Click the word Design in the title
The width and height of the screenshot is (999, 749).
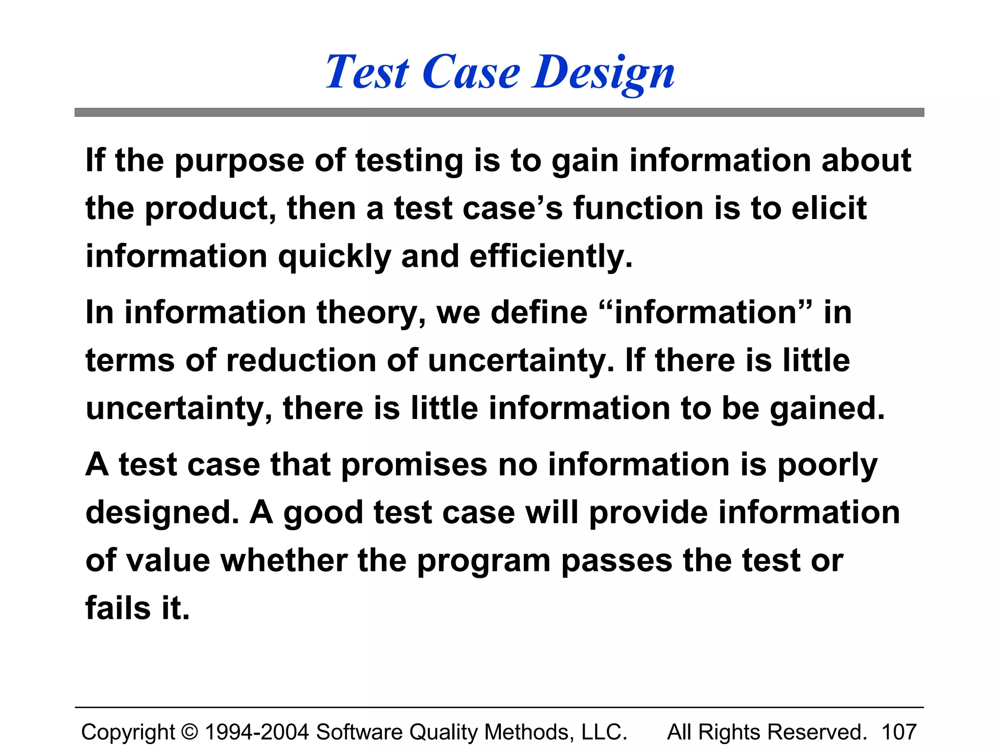click(603, 73)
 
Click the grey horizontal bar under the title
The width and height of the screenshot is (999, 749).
click(499, 113)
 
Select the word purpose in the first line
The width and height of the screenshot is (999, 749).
click(239, 161)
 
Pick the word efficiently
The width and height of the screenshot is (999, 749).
click(551, 257)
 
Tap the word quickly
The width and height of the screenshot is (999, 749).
click(334, 257)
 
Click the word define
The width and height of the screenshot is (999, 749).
click(539, 312)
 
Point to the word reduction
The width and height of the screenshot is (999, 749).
click(301, 361)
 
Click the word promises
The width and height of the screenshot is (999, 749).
click(414, 465)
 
